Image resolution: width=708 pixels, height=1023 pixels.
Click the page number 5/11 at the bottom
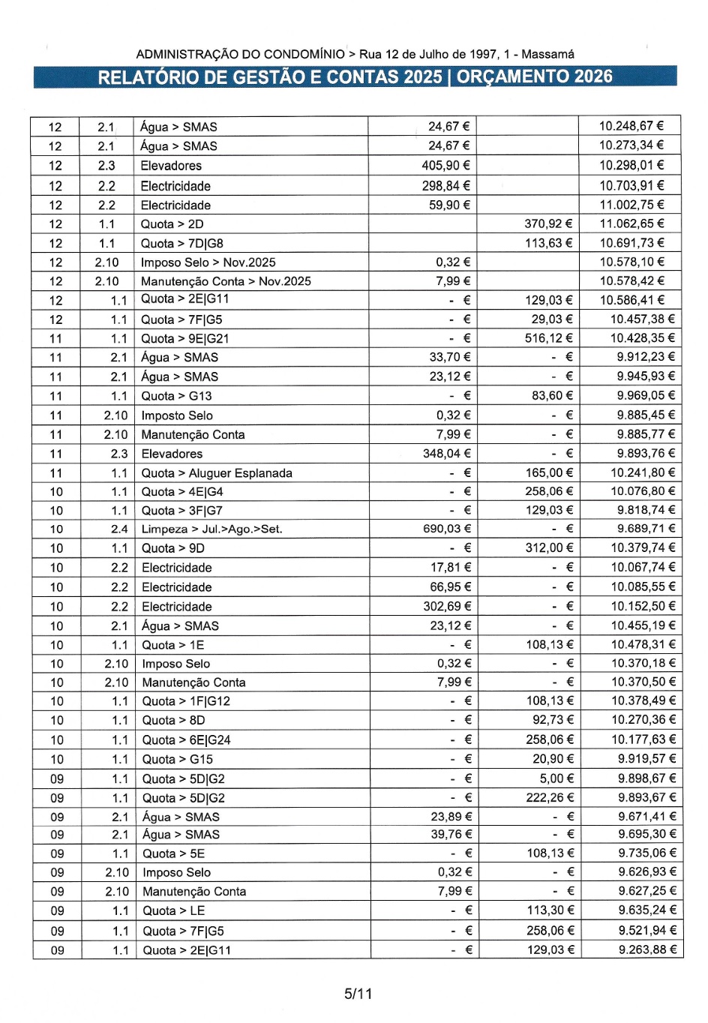tap(358, 994)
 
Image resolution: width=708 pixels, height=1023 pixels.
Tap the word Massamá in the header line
tap(548, 54)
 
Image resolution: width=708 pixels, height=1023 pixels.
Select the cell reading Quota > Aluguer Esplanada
tap(217, 473)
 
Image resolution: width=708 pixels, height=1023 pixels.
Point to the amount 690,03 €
tap(447, 529)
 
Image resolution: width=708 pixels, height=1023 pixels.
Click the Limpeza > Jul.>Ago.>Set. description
tap(212, 529)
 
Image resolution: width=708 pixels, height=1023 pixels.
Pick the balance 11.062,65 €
tap(631, 223)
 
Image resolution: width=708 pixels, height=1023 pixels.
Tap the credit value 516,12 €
tap(549, 338)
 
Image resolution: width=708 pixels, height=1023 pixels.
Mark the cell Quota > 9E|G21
tap(185, 338)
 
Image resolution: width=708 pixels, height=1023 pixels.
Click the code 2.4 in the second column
tap(119, 529)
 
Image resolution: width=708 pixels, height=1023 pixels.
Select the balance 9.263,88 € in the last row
tap(648, 950)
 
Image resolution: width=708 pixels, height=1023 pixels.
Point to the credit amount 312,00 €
tap(549, 548)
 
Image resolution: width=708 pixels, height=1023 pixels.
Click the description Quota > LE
tap(173, 911)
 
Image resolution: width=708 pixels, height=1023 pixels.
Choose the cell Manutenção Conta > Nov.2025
tap(226, 281)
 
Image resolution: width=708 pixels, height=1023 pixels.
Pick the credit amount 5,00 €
tap(556, 779)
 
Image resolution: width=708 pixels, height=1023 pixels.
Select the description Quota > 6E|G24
tap(187, 740)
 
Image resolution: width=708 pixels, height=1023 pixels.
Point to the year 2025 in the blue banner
tap(422, 76)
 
